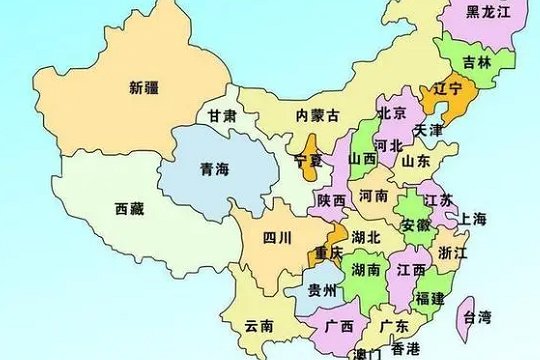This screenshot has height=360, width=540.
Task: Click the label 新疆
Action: click(144, 87)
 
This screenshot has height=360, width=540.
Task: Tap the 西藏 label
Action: click(129, 209)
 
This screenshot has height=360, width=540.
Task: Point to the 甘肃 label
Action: click(221, 117)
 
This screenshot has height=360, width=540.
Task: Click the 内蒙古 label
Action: click(318, 117)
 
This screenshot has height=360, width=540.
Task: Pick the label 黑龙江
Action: click(489, 12)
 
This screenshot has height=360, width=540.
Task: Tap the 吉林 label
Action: click(476, 61)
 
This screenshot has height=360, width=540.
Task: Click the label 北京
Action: click(392, 113)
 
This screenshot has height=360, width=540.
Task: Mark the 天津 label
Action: click(428, 131)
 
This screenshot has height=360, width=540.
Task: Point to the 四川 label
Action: click(277, 238)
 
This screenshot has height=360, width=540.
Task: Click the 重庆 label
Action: click(328, 251)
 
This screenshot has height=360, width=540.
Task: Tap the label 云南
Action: click(258, 326)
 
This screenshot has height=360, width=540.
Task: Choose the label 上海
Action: click(472, 219)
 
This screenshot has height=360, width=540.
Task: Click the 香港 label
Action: click(405, 348)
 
